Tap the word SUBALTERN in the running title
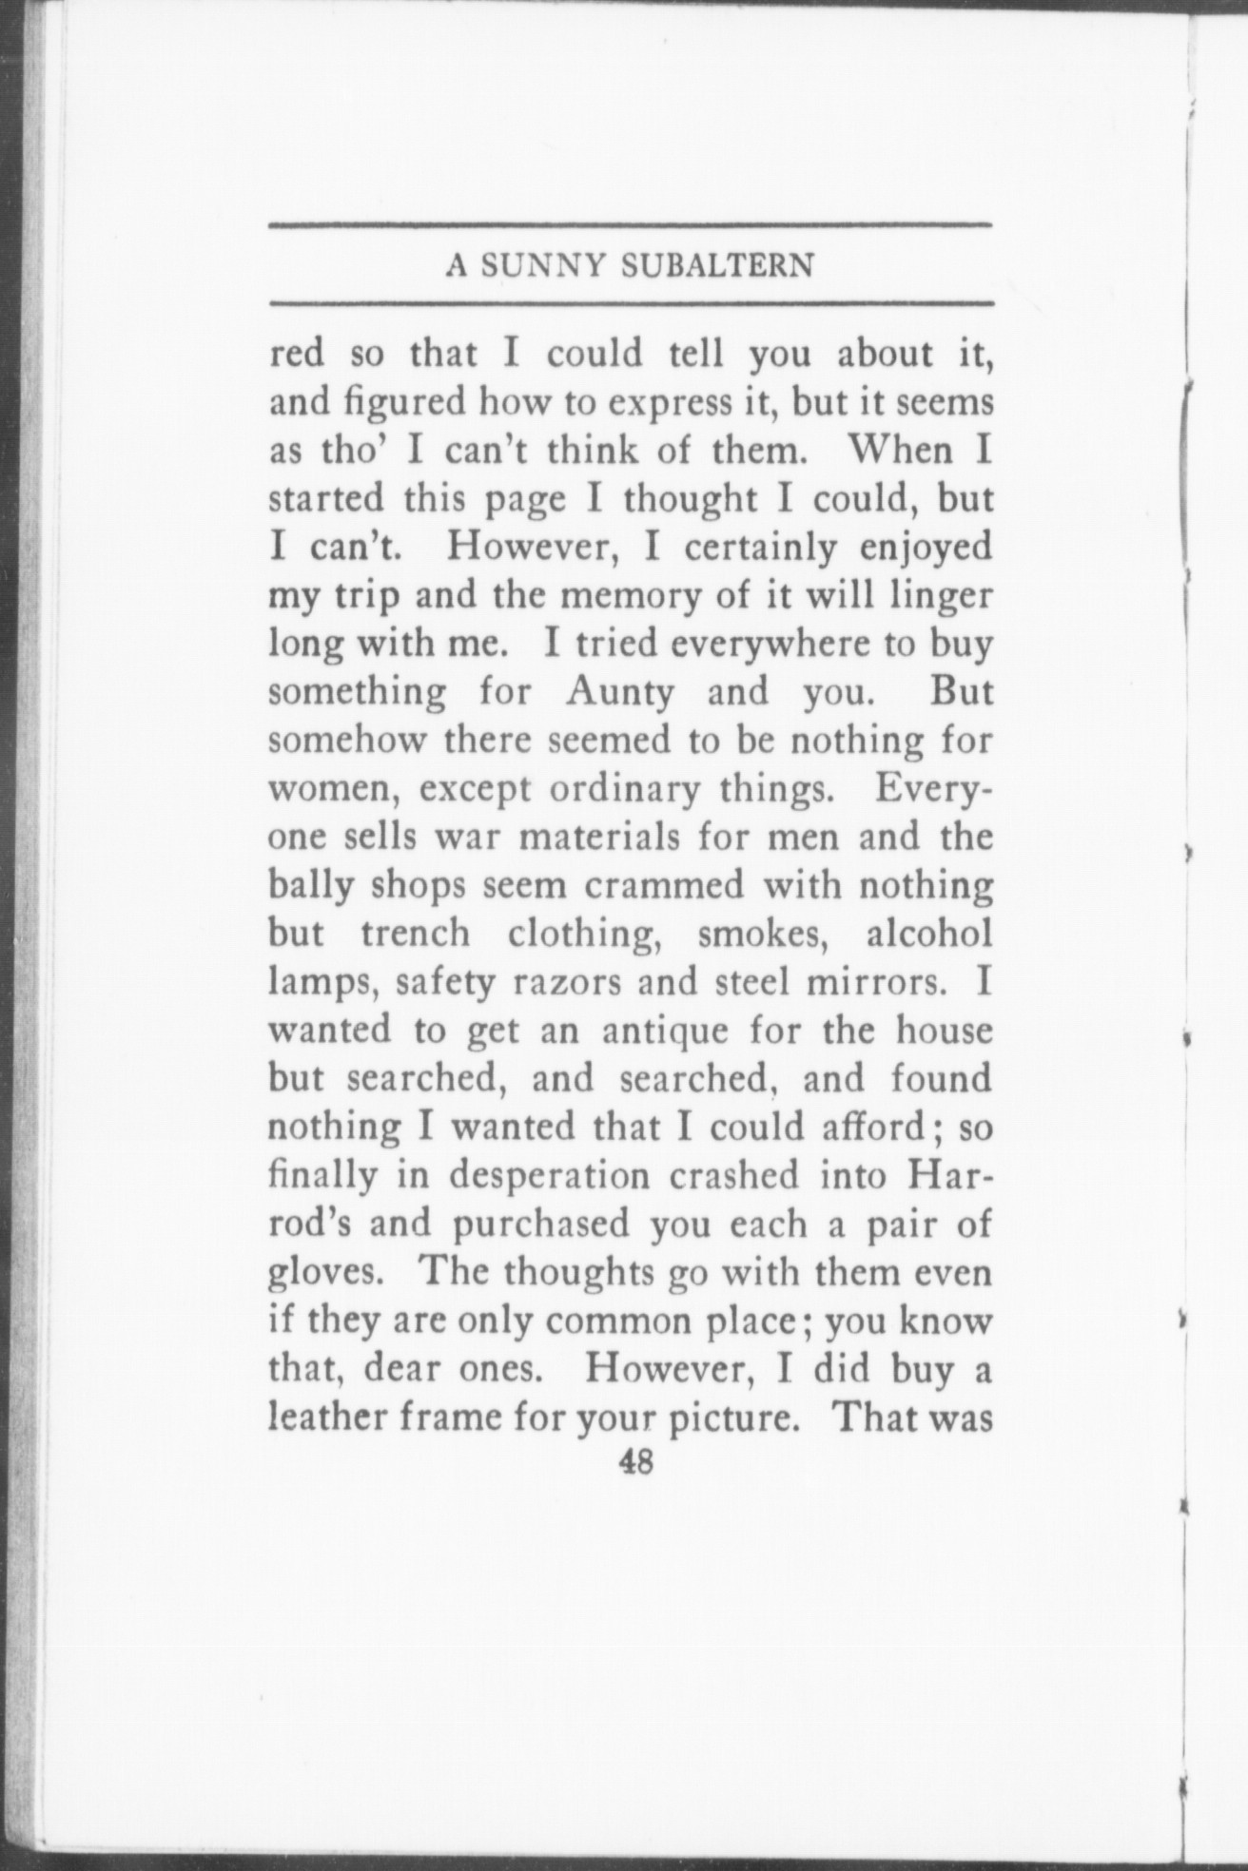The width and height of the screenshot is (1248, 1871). (716, 266)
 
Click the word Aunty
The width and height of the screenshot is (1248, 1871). (619, 691)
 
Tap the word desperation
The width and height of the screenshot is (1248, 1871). (550, 1176)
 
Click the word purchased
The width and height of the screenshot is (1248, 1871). (540, 1225)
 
